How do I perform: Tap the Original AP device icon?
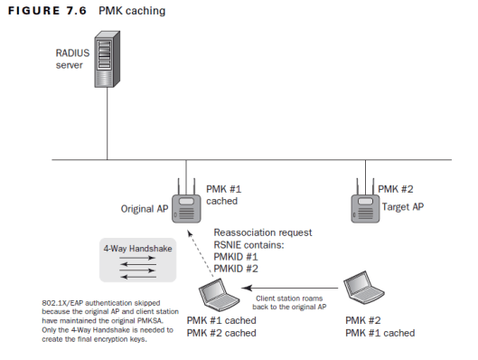pos(187,209)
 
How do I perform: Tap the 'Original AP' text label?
pos(145,210)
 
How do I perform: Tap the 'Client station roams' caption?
pos(291,298)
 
